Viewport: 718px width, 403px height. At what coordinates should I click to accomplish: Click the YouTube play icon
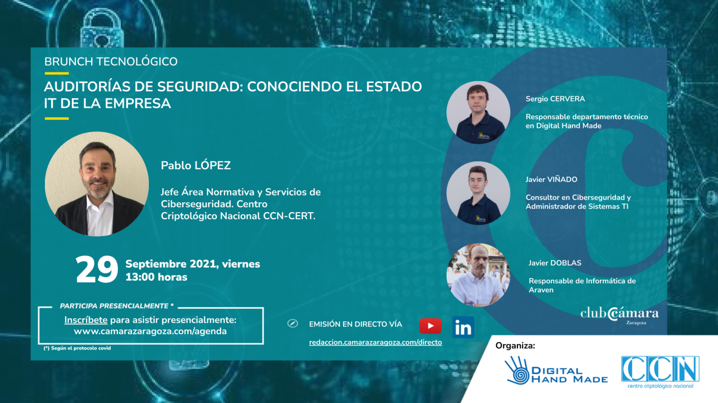click(x=430, y=326)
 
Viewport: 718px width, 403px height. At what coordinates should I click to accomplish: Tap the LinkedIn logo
click(x=463, y=327)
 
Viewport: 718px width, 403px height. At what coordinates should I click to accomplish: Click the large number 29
click(x=97, y=269)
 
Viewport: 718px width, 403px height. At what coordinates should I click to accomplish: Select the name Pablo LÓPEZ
click(x=195, y=165)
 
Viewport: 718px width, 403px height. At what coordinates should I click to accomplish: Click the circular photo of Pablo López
click(x=97, y=184)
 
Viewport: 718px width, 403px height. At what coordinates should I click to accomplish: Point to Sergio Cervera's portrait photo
click(x=478, y=112)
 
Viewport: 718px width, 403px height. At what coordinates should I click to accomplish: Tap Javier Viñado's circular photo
click(x=478, y=193)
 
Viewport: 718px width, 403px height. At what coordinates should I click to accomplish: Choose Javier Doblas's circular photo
click(x=478, y=275)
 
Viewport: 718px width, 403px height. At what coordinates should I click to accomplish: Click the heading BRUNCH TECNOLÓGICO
click(x=111, y=61)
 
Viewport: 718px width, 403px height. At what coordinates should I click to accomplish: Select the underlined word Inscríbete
click(x=85, y=320)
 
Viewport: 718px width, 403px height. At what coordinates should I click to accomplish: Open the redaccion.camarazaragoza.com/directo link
click(x=375, y=342)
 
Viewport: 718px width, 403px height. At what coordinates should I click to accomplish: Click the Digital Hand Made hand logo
click(x=517, y=370)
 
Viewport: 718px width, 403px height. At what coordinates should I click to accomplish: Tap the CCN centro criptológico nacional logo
click(x=660, y=372)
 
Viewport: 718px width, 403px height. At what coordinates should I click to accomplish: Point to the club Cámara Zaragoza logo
click(x=620, y=316)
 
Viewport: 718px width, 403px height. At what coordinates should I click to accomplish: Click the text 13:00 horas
click(x=156, y=277)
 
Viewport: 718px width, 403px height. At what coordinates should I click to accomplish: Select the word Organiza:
click(x=515, y=346)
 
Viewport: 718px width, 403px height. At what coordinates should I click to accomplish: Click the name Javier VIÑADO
click(x=551, y=180)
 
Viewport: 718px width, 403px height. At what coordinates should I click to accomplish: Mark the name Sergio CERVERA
click(x=555, y=99)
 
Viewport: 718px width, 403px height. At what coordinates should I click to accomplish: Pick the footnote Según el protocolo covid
click(x=77, y=348)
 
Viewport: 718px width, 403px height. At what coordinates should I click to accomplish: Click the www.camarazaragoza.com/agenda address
click(x=150, y=331)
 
